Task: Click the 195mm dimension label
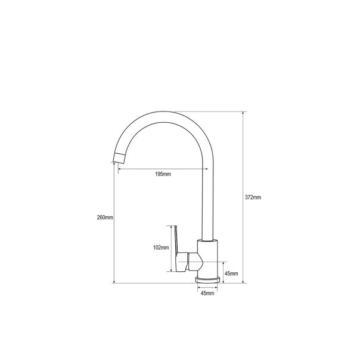(x=163, y=174)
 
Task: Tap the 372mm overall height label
(x=253, y=197)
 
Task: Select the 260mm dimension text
(x=105, y=217)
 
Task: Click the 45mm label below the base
(x=207, y=294)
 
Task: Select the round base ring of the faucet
(x=207, y=280)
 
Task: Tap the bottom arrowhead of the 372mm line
(x=244, y=283)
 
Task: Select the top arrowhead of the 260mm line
(x=114, y=166)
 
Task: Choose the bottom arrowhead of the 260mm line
(x=114, y=283)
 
